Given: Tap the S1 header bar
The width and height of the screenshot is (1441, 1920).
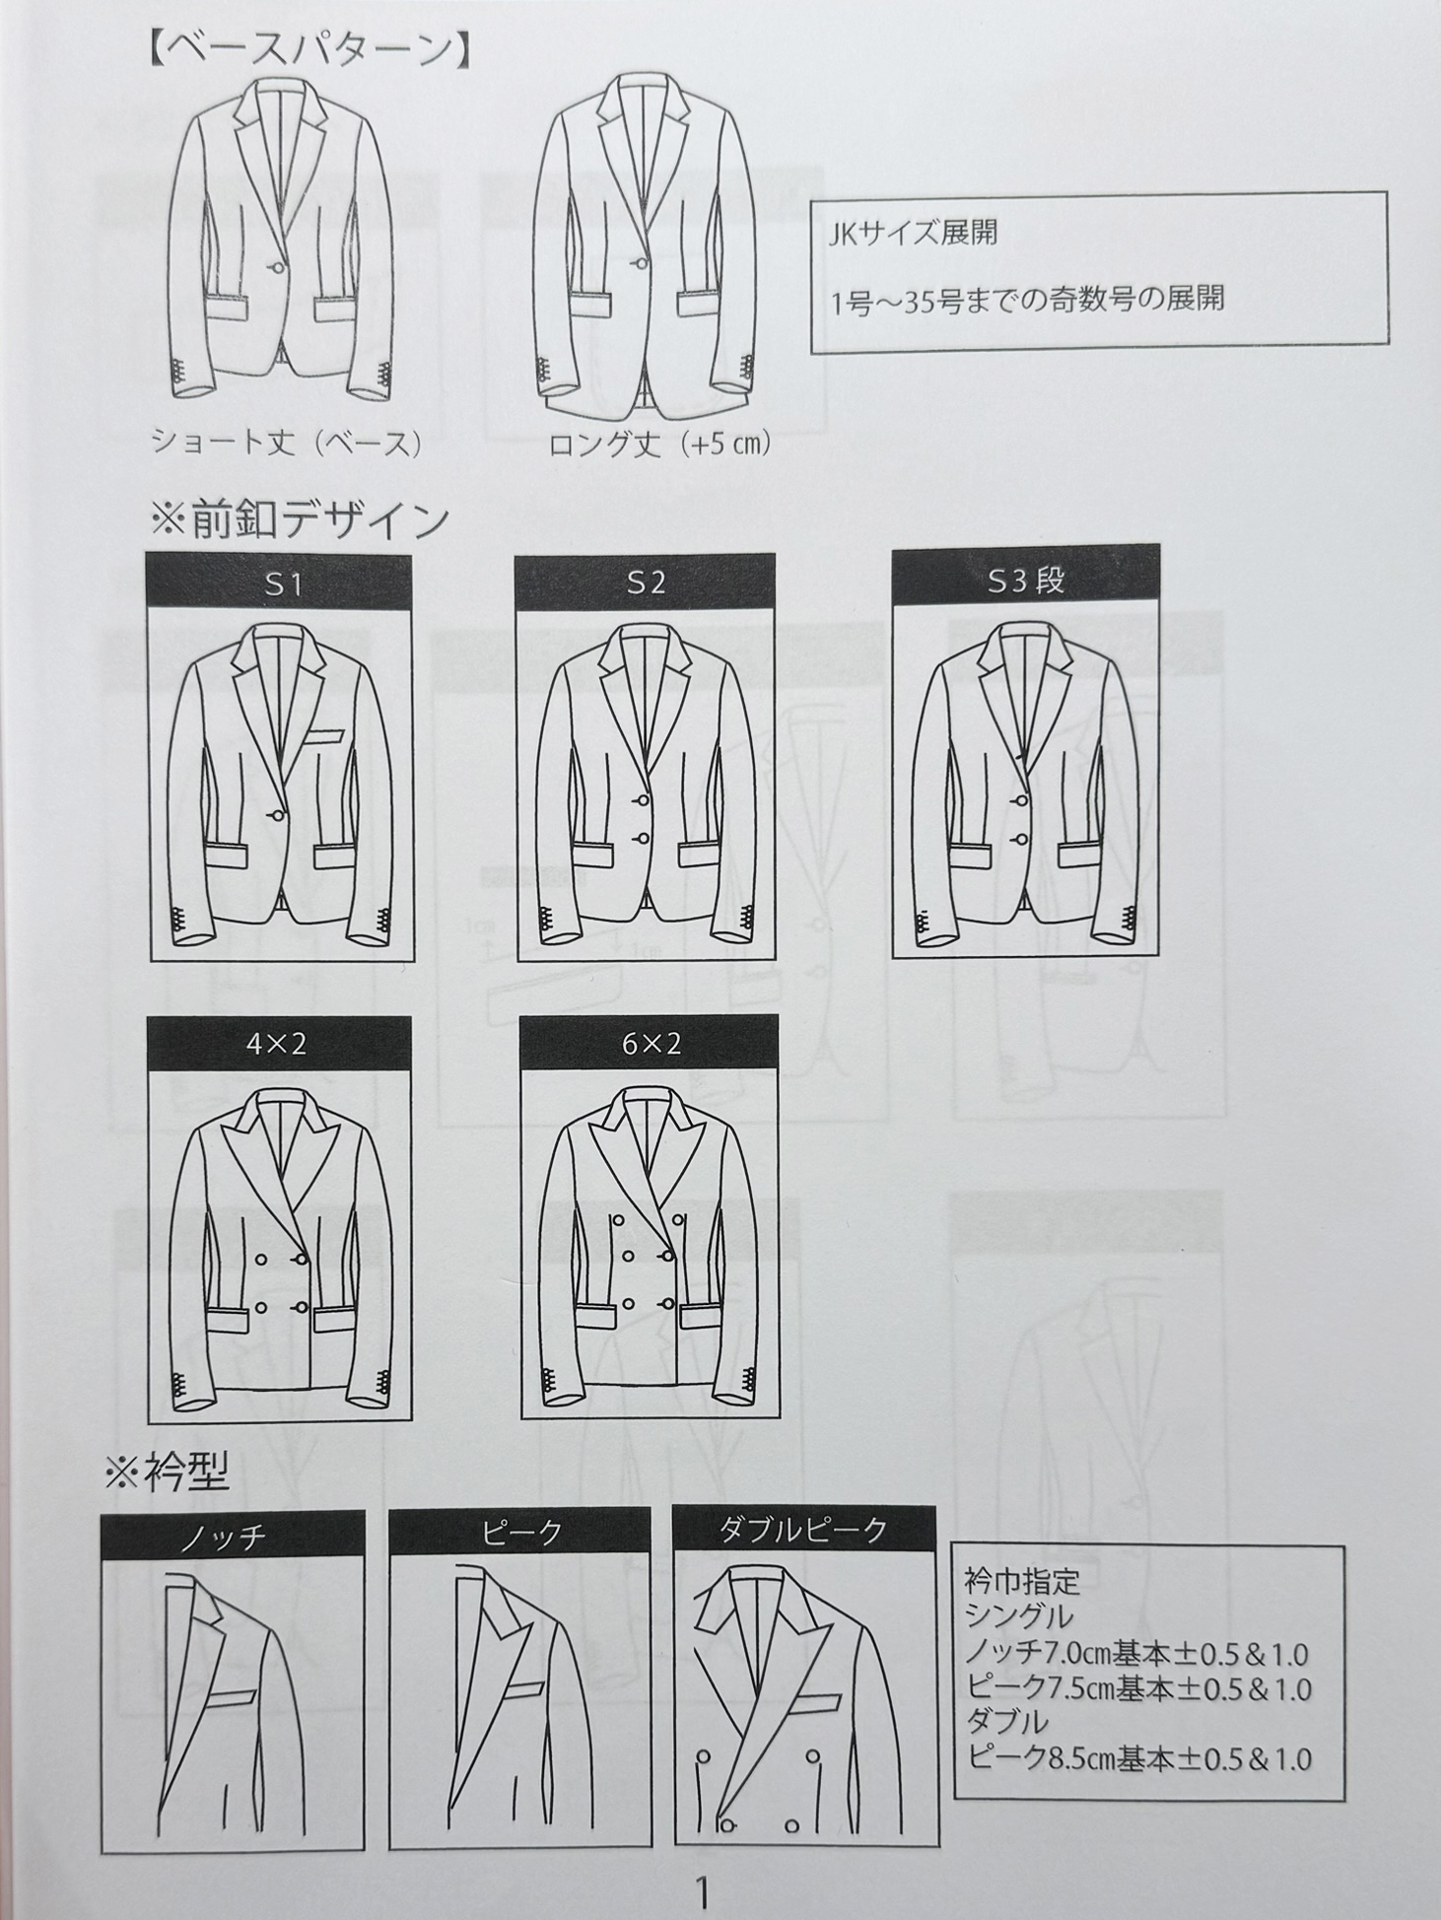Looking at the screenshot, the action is [280, 583].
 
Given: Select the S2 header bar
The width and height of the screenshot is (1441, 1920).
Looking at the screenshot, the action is [646, 582].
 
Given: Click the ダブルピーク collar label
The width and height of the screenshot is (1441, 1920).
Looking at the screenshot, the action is [804, 1530].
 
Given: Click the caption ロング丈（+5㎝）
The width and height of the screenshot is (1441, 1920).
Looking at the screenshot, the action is [659, 446].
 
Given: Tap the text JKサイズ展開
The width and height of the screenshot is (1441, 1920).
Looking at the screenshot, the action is [913, 235].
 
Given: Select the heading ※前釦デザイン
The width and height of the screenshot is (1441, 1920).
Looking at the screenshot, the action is [300, 522].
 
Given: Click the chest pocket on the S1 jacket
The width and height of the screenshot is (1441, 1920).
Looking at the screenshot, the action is [321, 734].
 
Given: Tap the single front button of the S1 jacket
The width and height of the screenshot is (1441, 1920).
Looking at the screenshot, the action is [276, 815].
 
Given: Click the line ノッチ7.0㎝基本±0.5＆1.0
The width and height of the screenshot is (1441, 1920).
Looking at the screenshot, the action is [1138, 1654].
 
